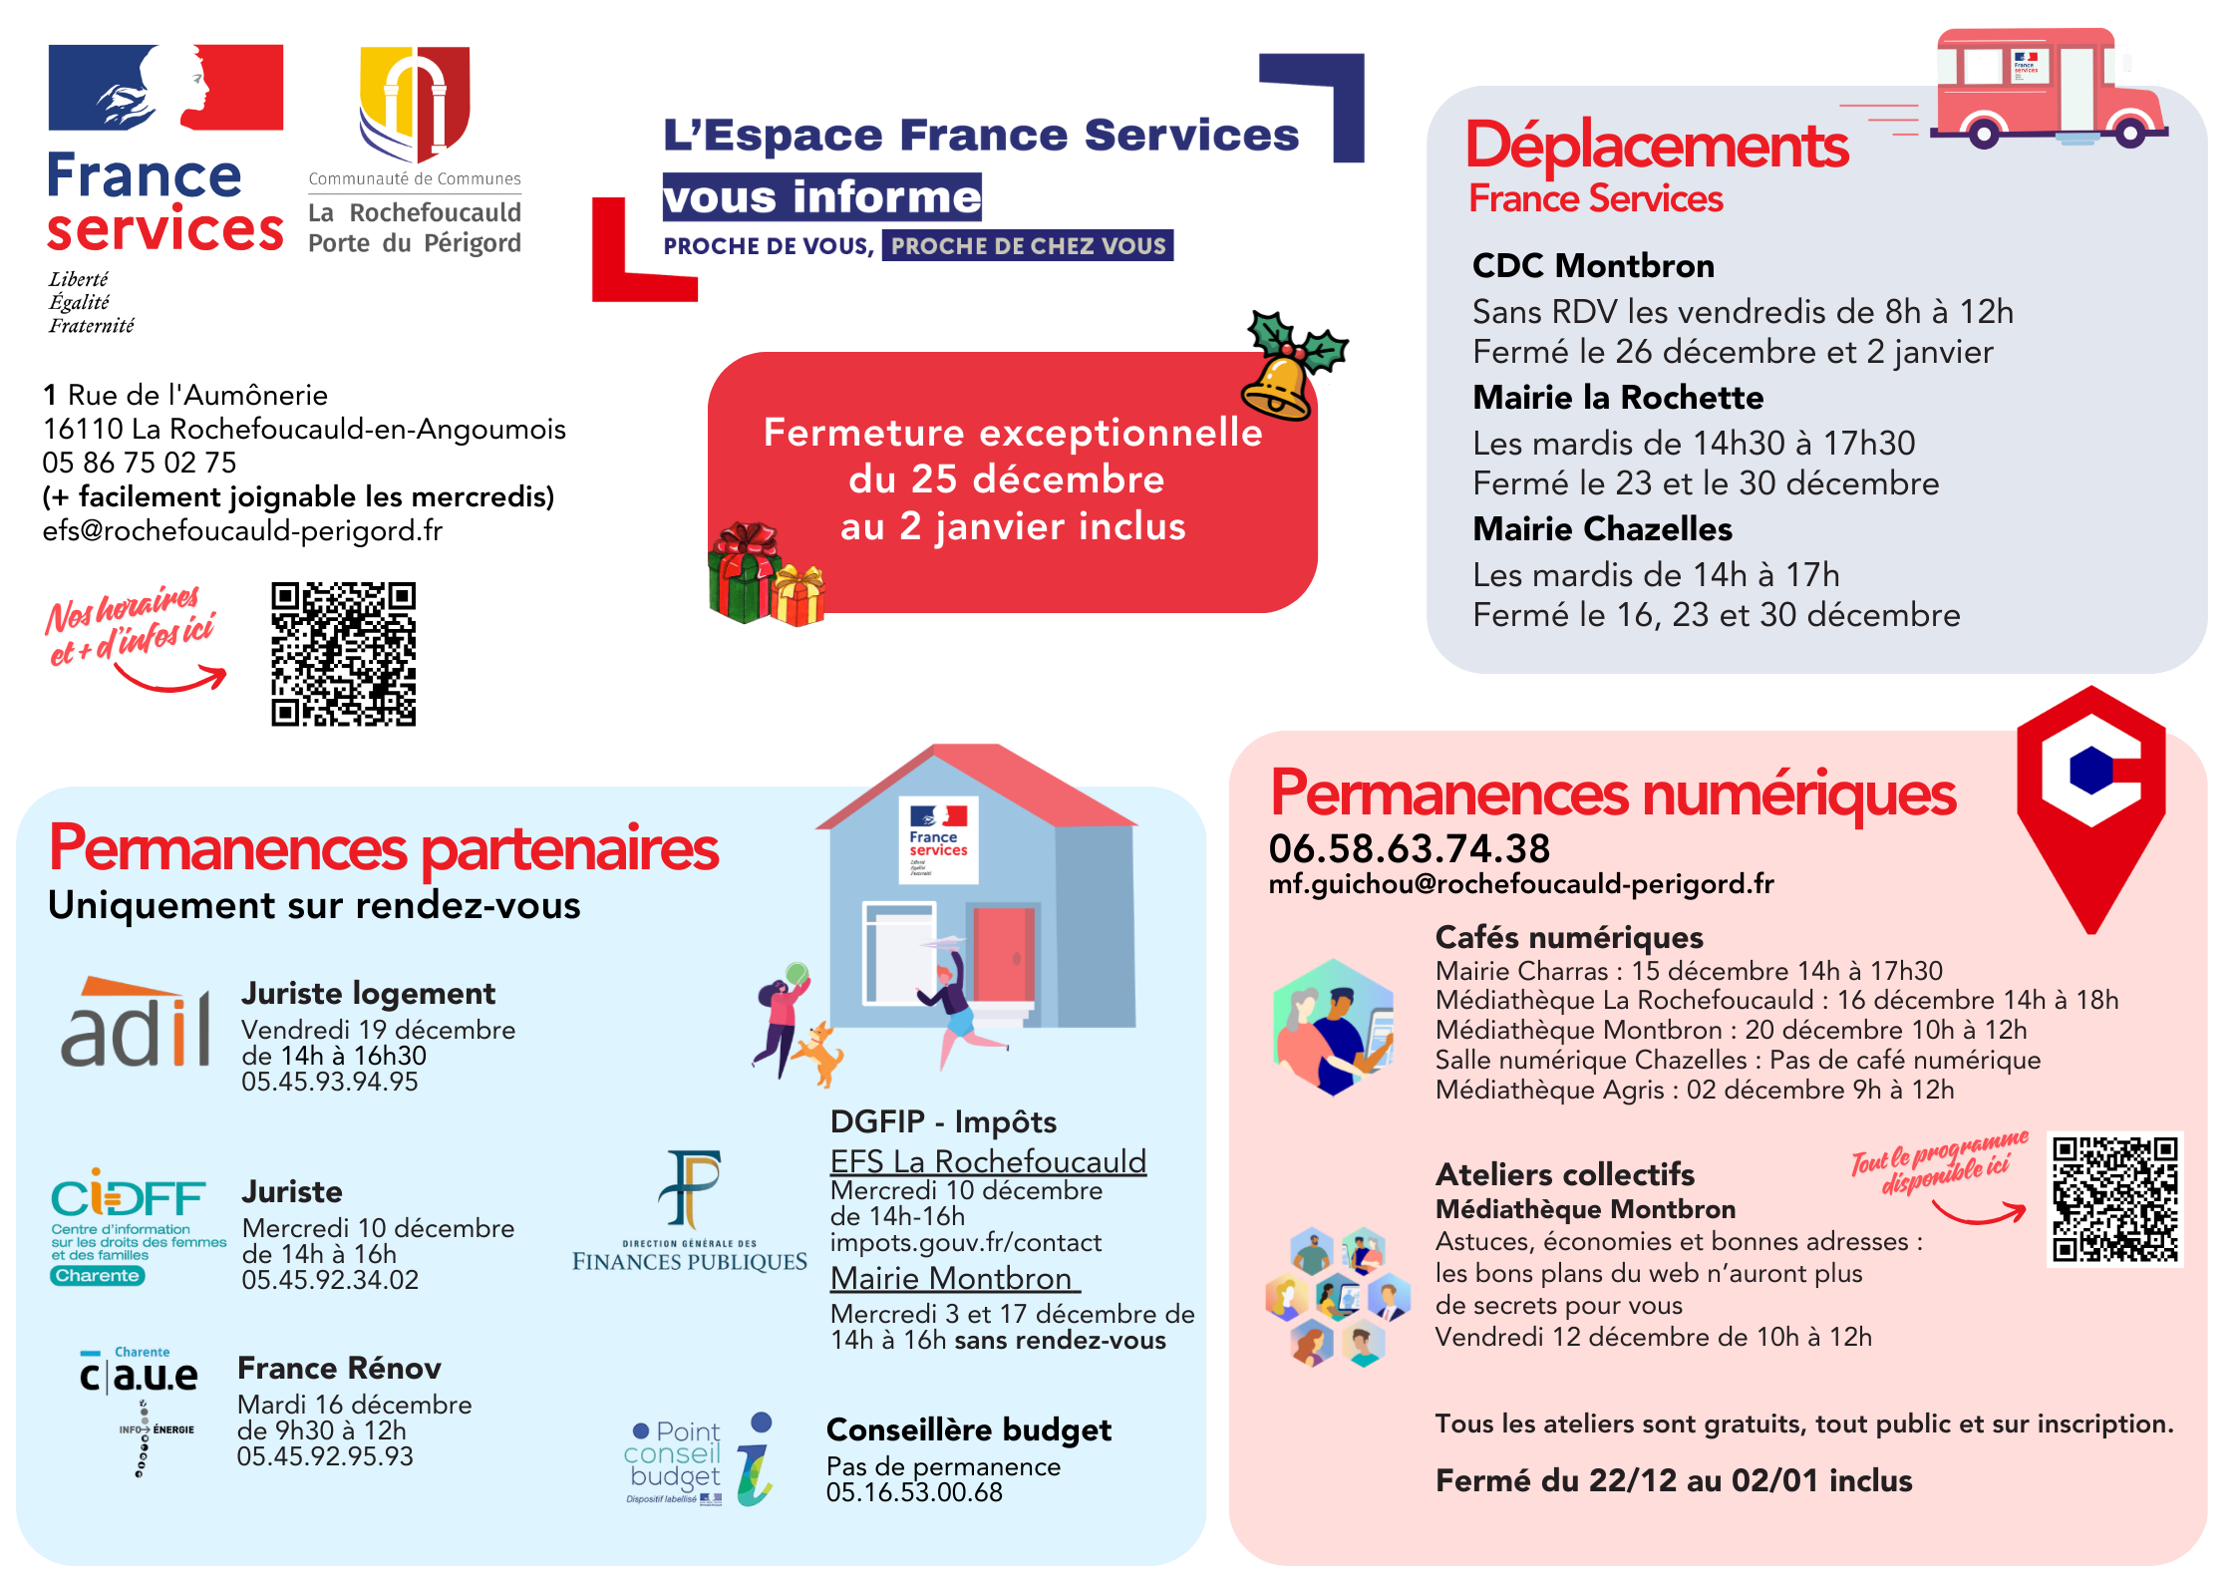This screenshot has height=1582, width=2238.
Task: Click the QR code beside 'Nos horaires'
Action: (343, 654)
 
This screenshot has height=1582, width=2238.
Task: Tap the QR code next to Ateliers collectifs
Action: (2114, 1199)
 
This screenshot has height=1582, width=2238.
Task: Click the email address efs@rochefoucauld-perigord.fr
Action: (242, 531)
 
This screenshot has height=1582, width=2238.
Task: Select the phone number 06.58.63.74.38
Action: (1409, 849)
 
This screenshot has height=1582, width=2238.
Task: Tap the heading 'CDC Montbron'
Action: (1593, 266)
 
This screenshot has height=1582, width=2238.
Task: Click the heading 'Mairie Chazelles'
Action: (1602, 529)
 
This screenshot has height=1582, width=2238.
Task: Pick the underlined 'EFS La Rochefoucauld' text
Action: (988, 1161)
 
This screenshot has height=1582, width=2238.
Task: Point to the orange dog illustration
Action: (819, 1053)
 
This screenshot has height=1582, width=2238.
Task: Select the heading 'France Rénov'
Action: (339, 1369)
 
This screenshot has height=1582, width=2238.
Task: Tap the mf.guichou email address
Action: (1520, 884)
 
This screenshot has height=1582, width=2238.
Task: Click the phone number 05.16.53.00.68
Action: (914, 1493)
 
